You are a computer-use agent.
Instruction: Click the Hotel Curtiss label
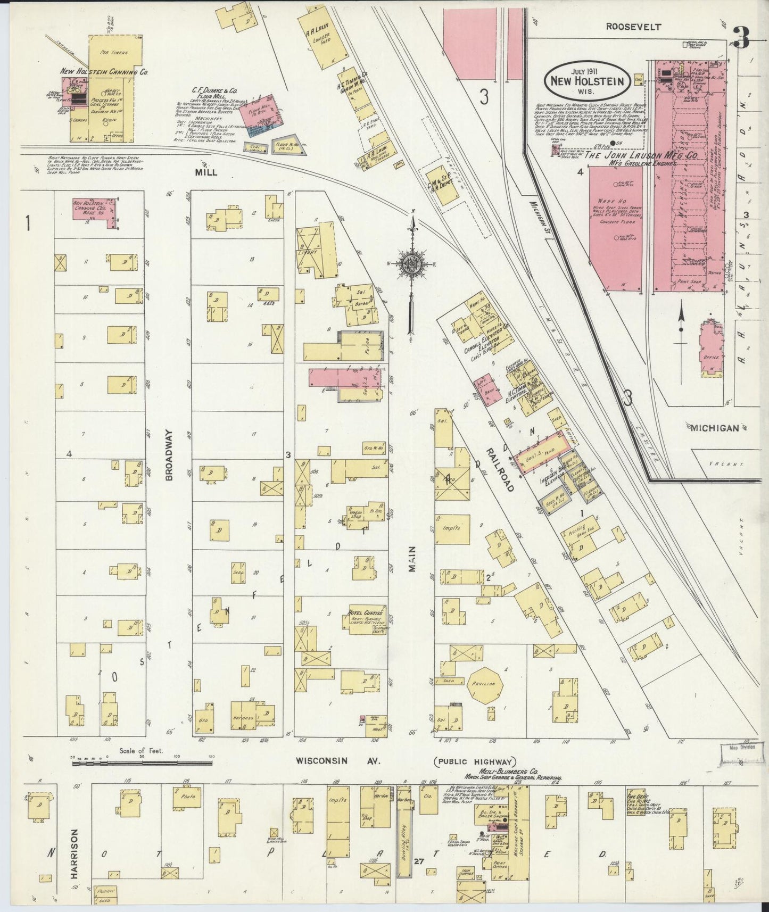(x=365, y=612)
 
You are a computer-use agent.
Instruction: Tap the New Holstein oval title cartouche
(x=588, y=81)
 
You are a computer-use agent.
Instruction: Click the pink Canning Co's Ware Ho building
(x=95, y=211)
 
